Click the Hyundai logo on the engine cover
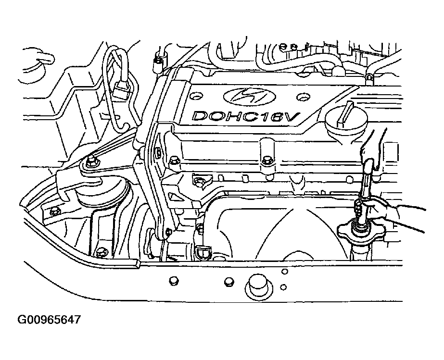click(x=246, y=96)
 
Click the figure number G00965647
click(x=49, y=320)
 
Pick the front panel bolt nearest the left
click(x=173, y=281)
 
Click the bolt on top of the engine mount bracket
click(x=92, y=161)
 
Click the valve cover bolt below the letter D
click(x=175, y=161)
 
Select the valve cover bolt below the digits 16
click(x=266, y=161)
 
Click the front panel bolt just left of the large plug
click(x=229, y=282)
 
